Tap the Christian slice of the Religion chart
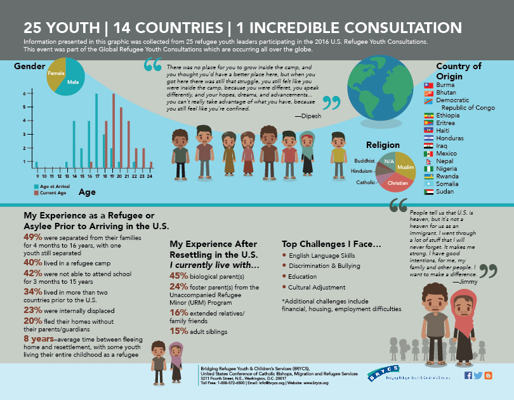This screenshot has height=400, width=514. [x=398, y=183]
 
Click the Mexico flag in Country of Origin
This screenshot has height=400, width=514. [x=428, y=154]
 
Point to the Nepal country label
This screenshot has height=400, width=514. [x=445, y=161]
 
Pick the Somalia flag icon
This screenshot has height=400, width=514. [x=428, y=184]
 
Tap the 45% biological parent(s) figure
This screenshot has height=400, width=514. [x=179, y=276]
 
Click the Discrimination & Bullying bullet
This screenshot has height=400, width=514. [x=321, y=265]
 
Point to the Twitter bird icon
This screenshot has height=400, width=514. [x=478, y=375]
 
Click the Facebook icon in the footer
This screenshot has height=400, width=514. [x=468, y=375]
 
